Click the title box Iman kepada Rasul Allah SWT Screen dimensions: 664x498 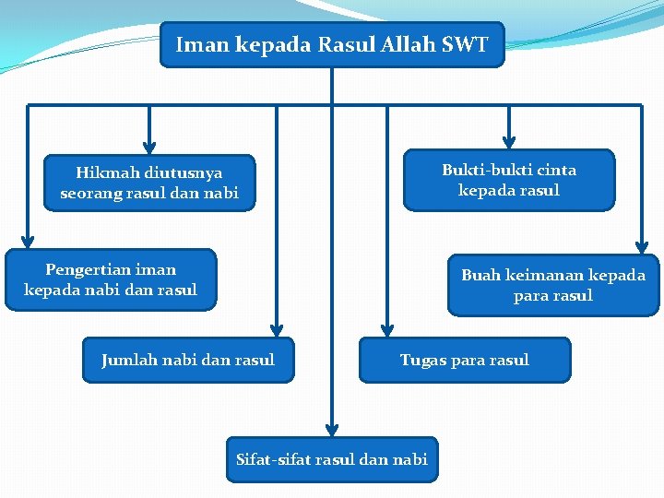click(x=332, y=44)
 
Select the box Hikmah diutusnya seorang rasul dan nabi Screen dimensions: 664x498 click(x=149, y=183)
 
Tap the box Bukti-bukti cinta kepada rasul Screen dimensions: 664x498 click(x=509, y=180)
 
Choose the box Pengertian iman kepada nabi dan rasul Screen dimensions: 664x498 click(x=111, y=279)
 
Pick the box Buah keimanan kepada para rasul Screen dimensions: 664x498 click(x=553, y=286)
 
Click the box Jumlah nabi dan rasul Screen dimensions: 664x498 click(x=188, y=360)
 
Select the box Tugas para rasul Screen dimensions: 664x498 click(x=465, y=360)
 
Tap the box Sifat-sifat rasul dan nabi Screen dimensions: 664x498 click(x=332, y=459)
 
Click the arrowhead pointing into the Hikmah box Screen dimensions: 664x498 click(x=149, y=146)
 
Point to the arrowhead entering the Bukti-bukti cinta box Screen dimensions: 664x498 click(x=509, y=141)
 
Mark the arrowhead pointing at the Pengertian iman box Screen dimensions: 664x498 click(x=28, y=241)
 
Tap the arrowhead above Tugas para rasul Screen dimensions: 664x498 click(x=387, y=329)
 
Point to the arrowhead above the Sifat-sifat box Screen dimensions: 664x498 click(x=332, y=429)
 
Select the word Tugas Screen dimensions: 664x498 click(x=422, y=360)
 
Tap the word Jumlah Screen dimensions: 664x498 click(x=129, y=360)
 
